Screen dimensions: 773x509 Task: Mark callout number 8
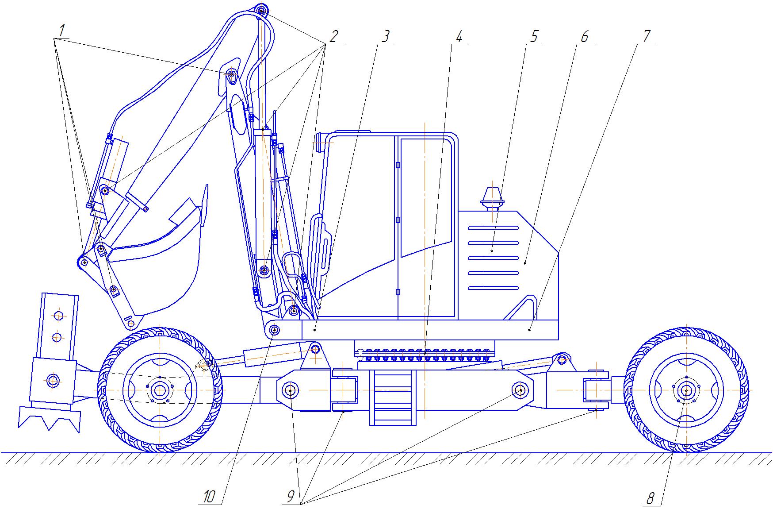tap(651, 499)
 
